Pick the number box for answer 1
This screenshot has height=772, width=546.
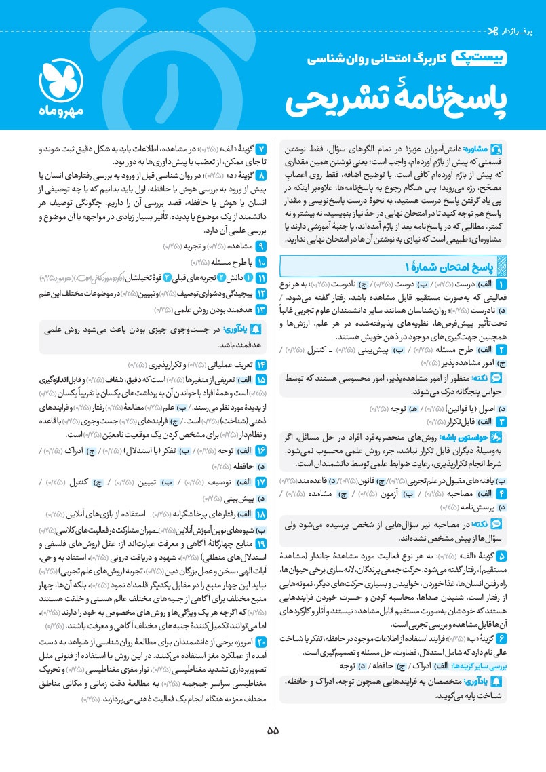coord(501,265)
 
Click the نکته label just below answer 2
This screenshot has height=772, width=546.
coord(488,377)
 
